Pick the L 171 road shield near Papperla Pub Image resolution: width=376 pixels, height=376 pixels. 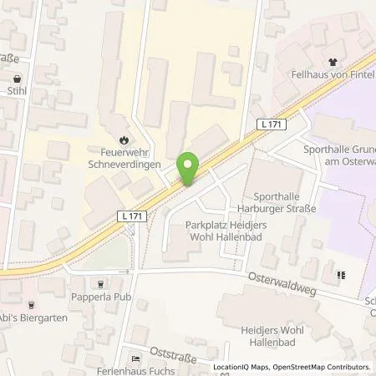(x=126, y=216)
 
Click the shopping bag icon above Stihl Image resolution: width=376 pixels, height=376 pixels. (x=16, y=79)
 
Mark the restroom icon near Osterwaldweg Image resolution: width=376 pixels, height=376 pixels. (x=341, y=274)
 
